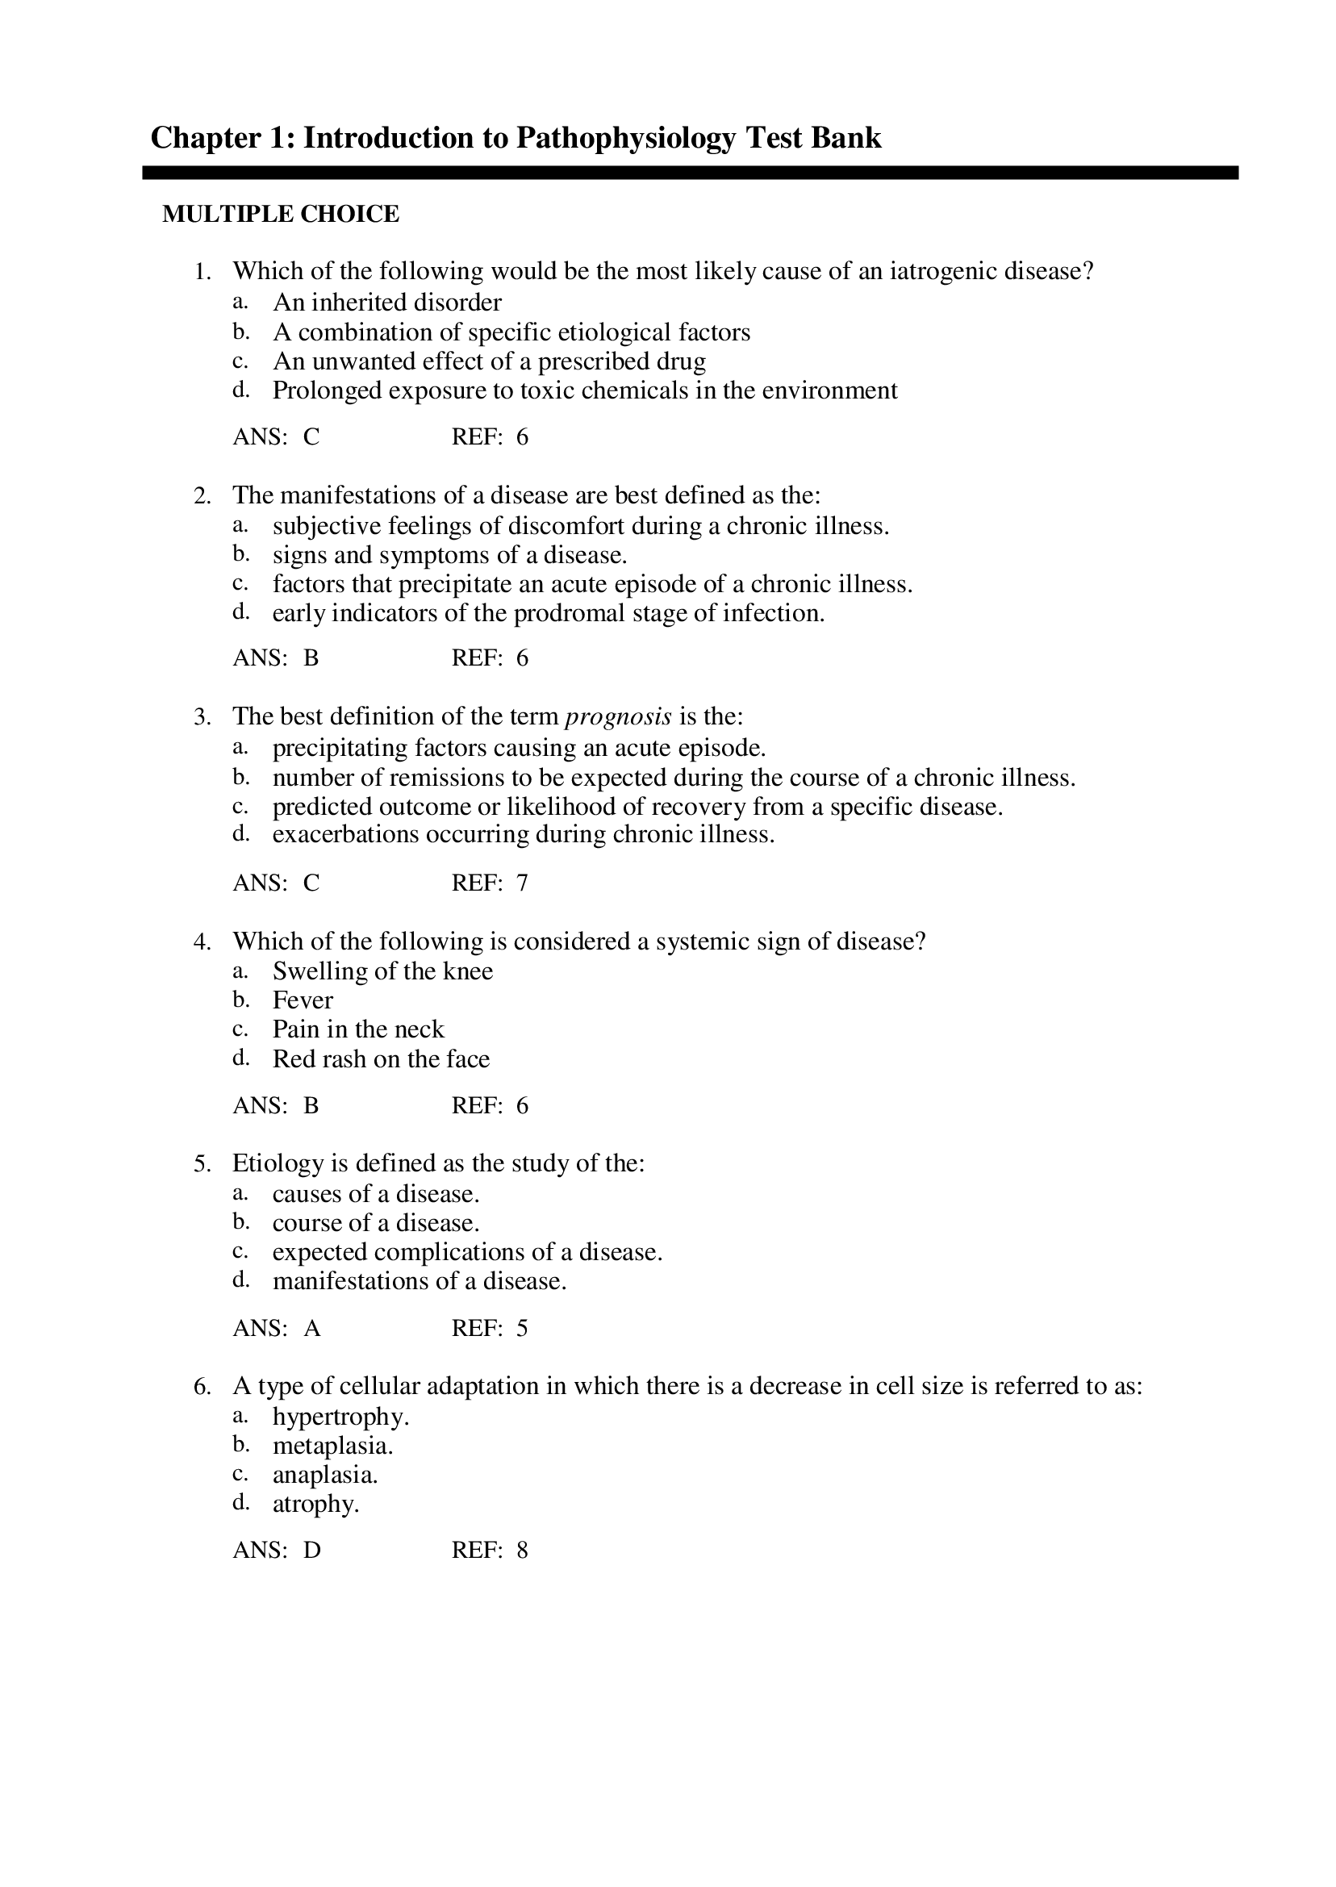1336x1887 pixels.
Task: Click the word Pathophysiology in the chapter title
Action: pyautogui.click(x=625, y=138)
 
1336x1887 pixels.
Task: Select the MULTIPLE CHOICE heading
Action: pyautogui.click(x=281, y=215)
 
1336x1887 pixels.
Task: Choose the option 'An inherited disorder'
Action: pyautogui.click(x=386, y=303)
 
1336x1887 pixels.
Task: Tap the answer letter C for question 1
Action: pyautogui.click(x=311, y=436)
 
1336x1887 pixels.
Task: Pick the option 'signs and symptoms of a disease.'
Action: pyautogui.click(x=449, y=555)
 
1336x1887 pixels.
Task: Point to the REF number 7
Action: pyautogui.click(x=523, y=883)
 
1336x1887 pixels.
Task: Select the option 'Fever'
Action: pyautogui.click(x=303, y=1001)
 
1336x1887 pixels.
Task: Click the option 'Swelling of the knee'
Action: pyautogui.click(x=382, y=971)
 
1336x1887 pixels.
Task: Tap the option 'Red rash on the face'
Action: pyautogui.click(x=381, y=1059)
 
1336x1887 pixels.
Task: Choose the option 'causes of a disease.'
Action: pyautogui.click(x=376, y=1194)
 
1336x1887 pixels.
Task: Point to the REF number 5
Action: pyautogui.click(x=523, y=1329)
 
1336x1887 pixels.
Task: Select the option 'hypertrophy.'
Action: pyautogui.click(x=340, y=1417)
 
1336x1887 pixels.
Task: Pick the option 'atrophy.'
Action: pyautogui.click(x=316, y=1505)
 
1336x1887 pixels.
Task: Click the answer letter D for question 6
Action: pyautogui.click(x=311, y=1551)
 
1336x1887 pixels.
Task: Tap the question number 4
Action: pyautogui.click(x=202, y=941)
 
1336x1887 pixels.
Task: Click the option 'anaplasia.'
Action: pyautogui.click(x=325, y=1475)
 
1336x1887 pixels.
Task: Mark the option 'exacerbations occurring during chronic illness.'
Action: pyautogui.click(x=524, y=835)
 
